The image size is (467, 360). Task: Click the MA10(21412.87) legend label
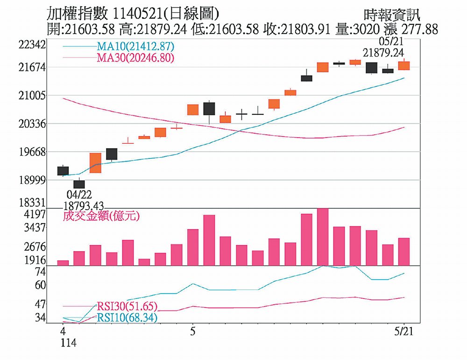click(x=135, y=46)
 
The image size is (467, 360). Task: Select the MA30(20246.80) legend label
click(x=135, y=58)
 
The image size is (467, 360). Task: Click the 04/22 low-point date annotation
click(x=79, y=194)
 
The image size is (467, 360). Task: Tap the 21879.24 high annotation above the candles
click(x=383, y=52)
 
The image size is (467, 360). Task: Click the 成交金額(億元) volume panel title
click(x=101, y=216)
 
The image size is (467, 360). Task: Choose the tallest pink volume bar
click(x=323, y=237)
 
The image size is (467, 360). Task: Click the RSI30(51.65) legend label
click(x=127, y=306)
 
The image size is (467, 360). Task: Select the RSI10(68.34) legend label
click(x=127, y=318)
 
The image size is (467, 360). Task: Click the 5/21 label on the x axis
click(x=404, y=332)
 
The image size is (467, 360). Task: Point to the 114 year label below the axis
click(x=68, y=343)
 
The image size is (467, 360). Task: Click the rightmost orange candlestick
click(x=404, y=65)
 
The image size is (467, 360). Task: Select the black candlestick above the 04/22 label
click(x=79, y=184)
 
